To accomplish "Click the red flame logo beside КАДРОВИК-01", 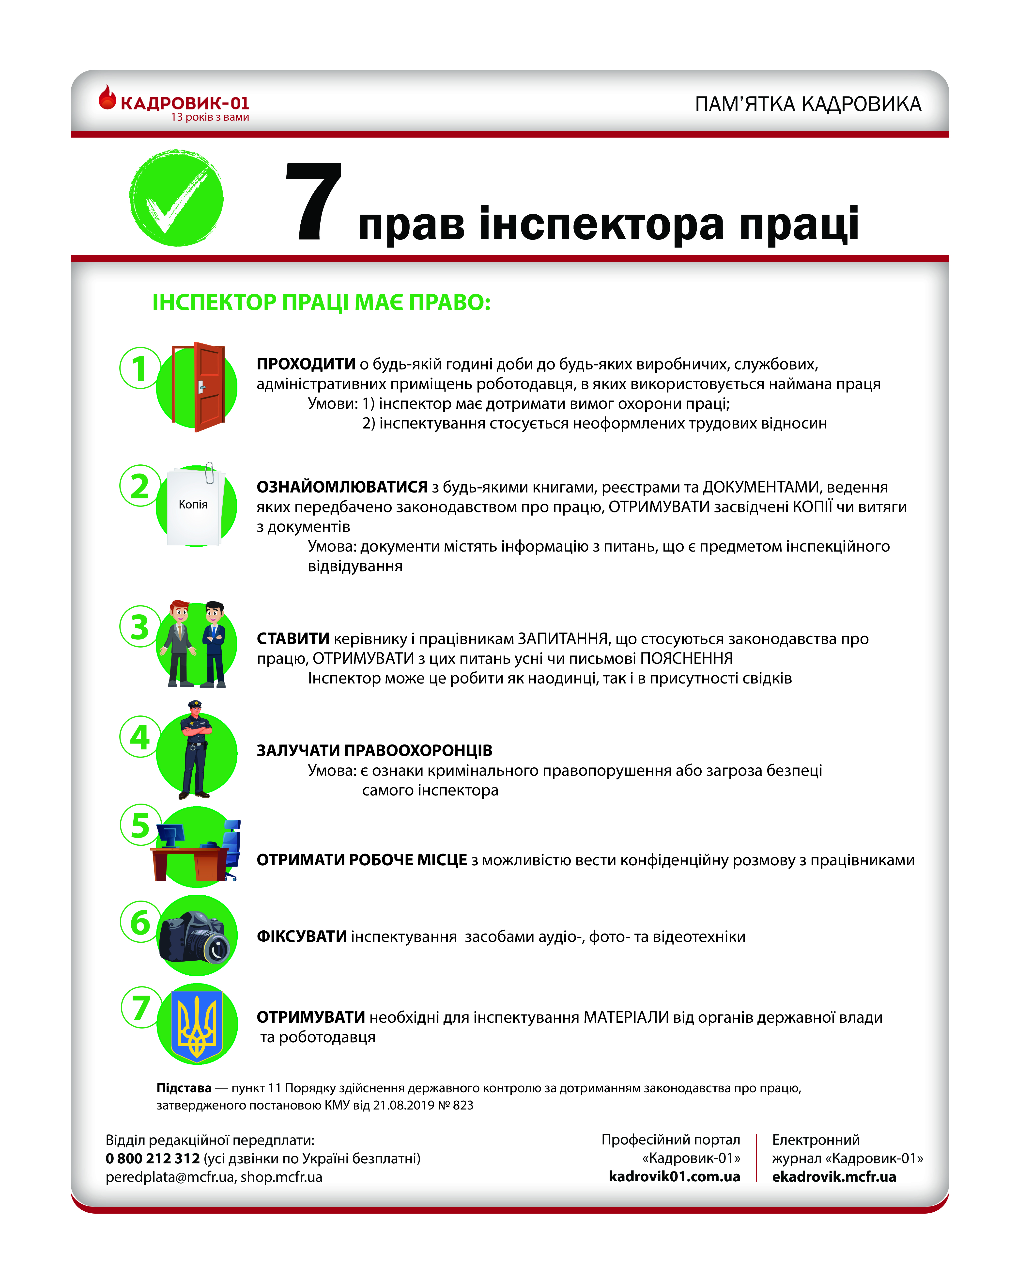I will coord(107,98).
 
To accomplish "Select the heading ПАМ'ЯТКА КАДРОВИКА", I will coord(808,104).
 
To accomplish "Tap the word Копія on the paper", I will coord(193,505).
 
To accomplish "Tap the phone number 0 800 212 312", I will coord(153,1158).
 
